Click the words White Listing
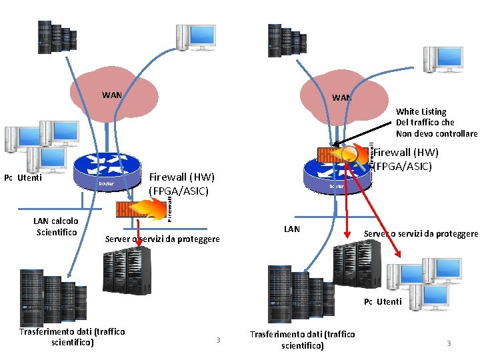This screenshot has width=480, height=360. pyautogui.click(x=421, y=111)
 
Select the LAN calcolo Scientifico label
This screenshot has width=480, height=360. pyautogui.click(x=55, y=226)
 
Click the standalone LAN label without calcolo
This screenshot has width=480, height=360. pyautogui.click(x=292, y=229)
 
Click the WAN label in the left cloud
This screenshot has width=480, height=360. pyautogui.click(x=111, y=95)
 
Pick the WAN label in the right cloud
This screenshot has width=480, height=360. pyautogui.click(x=341, y=97)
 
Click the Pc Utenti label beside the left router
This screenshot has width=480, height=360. pyautogui.click(x=23, y=177)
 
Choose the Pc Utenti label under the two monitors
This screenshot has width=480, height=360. pyautogui.click(x=383, y=301)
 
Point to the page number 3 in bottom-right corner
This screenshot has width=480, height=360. pyautogui.click(x=449, y=343)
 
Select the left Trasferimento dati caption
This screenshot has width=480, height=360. pyautogui.click(x=72, y=337)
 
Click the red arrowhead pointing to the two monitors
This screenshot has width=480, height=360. pyautogui.click(x=399, y=255)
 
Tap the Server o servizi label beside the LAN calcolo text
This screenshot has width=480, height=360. pyautogui.click(x=163, y=239)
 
